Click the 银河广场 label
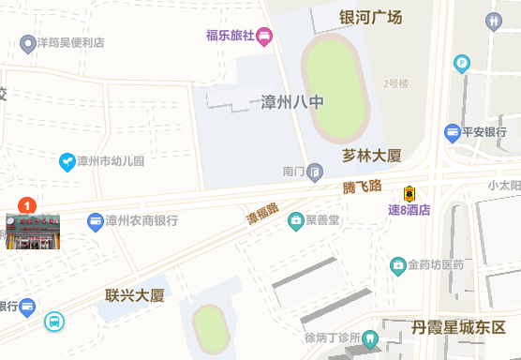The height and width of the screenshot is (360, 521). pyautogui.click(x=370, y=17)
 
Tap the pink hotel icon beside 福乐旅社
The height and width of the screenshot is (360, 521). pyautogui.click(x=264, y=37)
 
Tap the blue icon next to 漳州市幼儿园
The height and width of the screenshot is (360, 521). pyautogui.click(x=67, y=161)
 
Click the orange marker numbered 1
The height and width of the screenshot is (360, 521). pyautogui.click(x=28, y=203)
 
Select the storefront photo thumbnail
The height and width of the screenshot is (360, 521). pyautogui.click(x=33, y=232)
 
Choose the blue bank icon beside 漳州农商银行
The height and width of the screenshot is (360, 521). pyautogui.click(x=95, y=222)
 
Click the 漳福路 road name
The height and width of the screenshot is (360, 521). pyautogui.click(x=262, y=215)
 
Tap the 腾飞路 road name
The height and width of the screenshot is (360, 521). pyautogui.click(x=362, y=187)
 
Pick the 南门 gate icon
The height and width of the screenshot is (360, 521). pyautogui.click(x=316, y=172)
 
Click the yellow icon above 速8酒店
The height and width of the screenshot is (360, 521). pyautogui.click(x=409, y=193)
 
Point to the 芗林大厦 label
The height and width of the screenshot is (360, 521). pyautogui.click(x=372, y=156)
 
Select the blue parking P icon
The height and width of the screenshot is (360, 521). pyautogui.click(x=461, y=64)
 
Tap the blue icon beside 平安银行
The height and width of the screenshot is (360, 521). pyautogui.click(x=453, y=132)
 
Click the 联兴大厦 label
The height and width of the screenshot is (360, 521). pyautogui.click(x=135, y=296)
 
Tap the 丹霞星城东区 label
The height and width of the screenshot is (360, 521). pyautogui.click(x=452, y=328)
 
